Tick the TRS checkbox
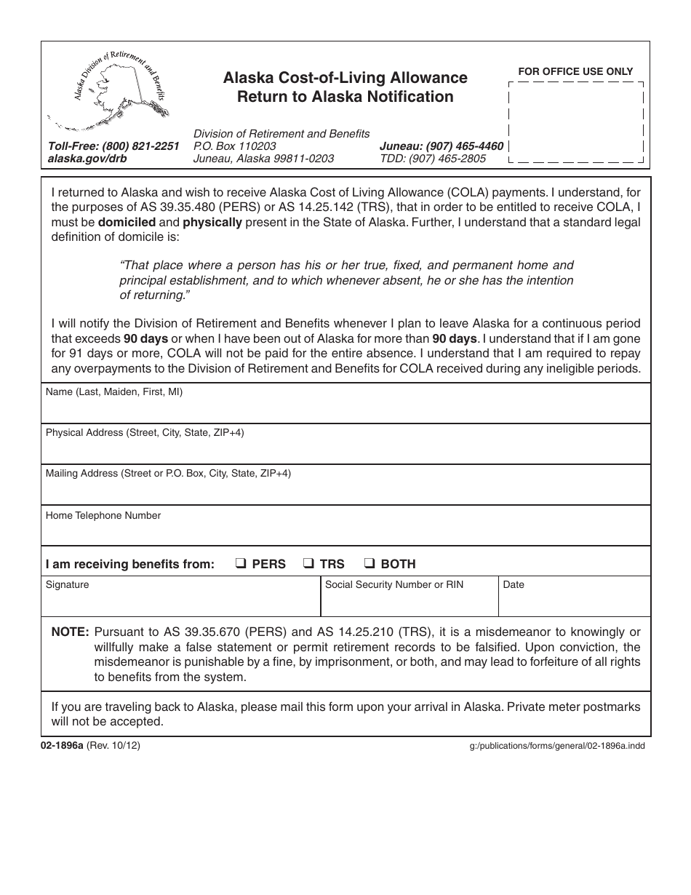point(308,563)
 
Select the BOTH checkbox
point(370,563)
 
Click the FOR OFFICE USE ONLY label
point(575,71)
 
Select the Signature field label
point(67,584)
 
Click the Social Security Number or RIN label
point(394,584)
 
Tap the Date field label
point(513,584)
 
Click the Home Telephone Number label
point(103,515)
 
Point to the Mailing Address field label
point(168,473)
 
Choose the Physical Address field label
point(145,432)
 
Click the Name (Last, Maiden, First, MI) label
point(114,391)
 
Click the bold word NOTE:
point(70,632)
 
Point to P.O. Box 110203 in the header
point(234,146)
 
